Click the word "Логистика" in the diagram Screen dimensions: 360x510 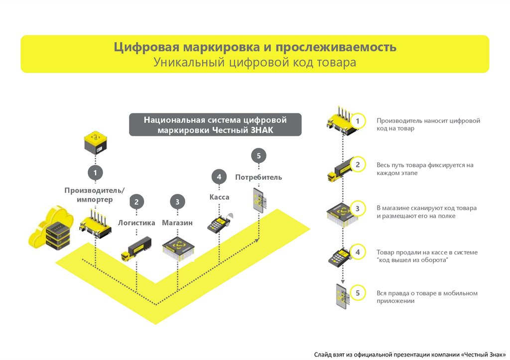pos(136,223)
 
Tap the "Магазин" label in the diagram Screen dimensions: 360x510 pos(177,223)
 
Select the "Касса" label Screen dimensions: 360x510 pos(219,197)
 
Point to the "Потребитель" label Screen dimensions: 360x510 pos(258,177)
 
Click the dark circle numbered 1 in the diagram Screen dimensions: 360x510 pos(96,173)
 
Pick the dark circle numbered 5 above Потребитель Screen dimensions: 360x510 pos(258,156)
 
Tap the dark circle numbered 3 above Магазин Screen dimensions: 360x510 pos(177,202)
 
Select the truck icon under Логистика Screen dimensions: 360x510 pos(135,248)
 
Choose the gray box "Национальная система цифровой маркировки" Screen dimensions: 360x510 pos(215,124)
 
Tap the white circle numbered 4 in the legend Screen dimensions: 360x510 pos(358,252)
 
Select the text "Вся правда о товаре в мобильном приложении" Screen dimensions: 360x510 pos(427,297)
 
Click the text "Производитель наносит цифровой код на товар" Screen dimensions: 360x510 pos(428,124)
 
